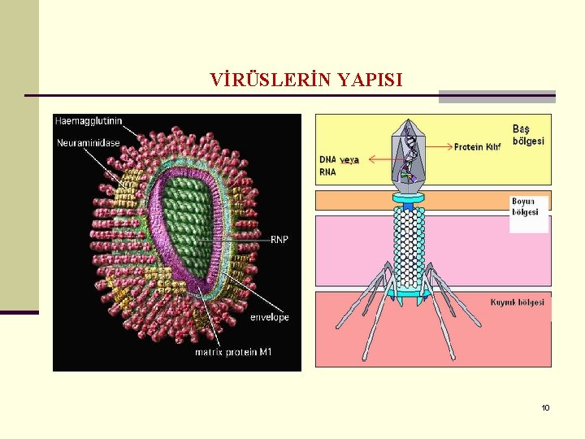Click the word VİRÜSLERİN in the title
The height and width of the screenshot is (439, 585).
click(x=259, y=80)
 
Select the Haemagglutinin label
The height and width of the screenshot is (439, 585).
click(x=89, y=121)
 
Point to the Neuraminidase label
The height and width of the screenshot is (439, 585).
click(x=89, y=143)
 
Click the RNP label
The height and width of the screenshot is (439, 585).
click(x=279, y=239)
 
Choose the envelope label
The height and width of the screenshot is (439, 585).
click(x=270, y=317)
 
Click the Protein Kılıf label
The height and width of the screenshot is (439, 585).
click(x=478, y=147)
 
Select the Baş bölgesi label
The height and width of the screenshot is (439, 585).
click(x=528, y=135)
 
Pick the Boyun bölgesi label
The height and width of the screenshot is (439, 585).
click(x=525, y=206)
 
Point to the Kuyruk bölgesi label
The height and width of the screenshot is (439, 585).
click(x=518, y=302)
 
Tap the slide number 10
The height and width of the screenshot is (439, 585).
click(x=545, y=407)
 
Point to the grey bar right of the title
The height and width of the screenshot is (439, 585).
click(x=496, y=96)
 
